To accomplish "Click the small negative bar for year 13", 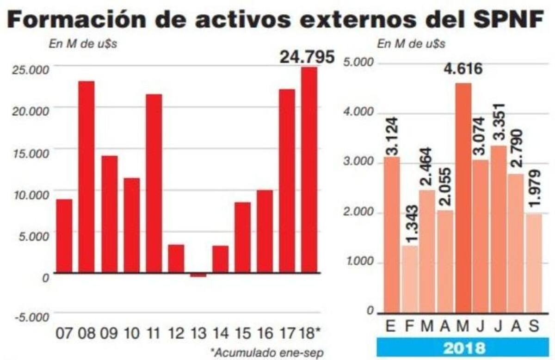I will (198, 275).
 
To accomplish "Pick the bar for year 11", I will (154, 183).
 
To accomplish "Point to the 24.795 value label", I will (307, 57).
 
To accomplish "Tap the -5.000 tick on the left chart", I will (32, 317).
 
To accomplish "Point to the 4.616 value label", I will (462, 70).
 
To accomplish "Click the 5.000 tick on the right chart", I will (359, 63).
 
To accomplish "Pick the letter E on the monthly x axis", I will (391, 326).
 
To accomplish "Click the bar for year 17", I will (287, 181).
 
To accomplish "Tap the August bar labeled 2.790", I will (516, 243).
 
